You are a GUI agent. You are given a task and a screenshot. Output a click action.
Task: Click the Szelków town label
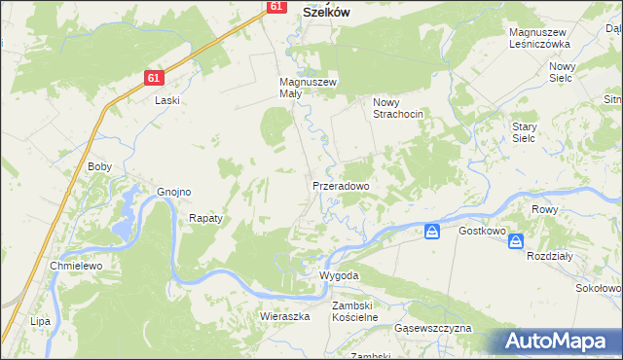pyautogui.click(x=327, y=13)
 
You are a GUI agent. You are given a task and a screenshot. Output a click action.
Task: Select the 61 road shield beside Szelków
pyautogui.click(x=275, y=6)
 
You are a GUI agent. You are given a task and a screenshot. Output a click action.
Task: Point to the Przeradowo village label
pyautogui.click(x=340, y=185)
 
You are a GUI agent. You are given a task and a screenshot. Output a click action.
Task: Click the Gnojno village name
pyautogui.click(x=174, y=192)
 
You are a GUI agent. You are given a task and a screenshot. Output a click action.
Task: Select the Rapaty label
pyautogui.click(x=205, y=218)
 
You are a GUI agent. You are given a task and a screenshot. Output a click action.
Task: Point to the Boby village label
pyautogui.click(x=100, y=166)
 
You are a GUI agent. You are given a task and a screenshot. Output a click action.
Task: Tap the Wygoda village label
pyautogui.click(x=340, y=275)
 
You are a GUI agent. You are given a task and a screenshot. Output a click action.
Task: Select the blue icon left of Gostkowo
pyautogui.click(x=433, y=231)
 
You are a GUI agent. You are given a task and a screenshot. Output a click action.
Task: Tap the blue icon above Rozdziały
pyautogui.click(x=516, y=241)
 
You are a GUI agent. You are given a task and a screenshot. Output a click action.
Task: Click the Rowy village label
pyautogui.click(x=544, y=209)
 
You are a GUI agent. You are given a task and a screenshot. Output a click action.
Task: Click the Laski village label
pyautogui.click(x=168, y=99)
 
